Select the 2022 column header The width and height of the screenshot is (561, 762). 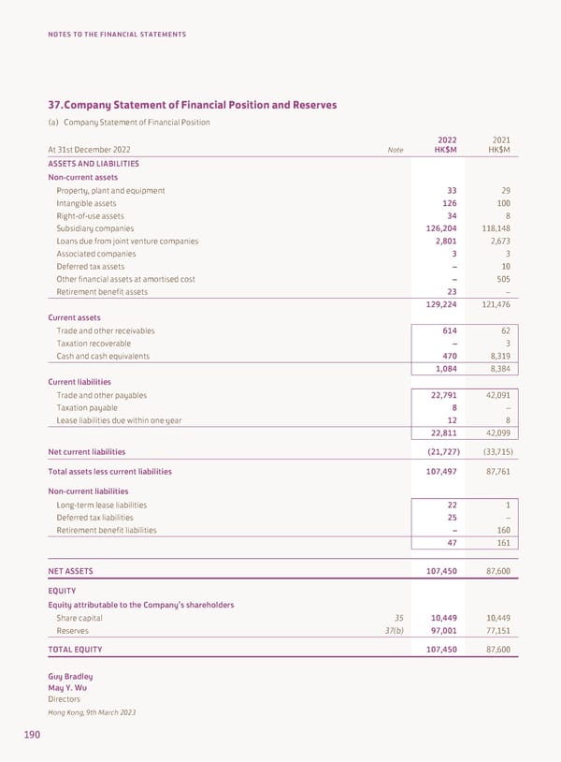446,139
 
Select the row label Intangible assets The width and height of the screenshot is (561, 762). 86,203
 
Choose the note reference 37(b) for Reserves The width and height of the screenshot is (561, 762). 394,631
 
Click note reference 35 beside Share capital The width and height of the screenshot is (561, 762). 398,618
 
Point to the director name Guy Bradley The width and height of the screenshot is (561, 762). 70,677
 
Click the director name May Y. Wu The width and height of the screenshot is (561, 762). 66,688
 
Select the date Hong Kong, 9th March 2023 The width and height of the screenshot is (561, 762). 91,712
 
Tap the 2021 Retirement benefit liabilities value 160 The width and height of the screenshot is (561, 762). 500,531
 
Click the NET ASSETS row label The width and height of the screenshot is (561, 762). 70,570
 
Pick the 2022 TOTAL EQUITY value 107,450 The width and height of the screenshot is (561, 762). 437,649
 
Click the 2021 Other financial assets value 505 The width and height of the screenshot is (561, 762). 499,279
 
